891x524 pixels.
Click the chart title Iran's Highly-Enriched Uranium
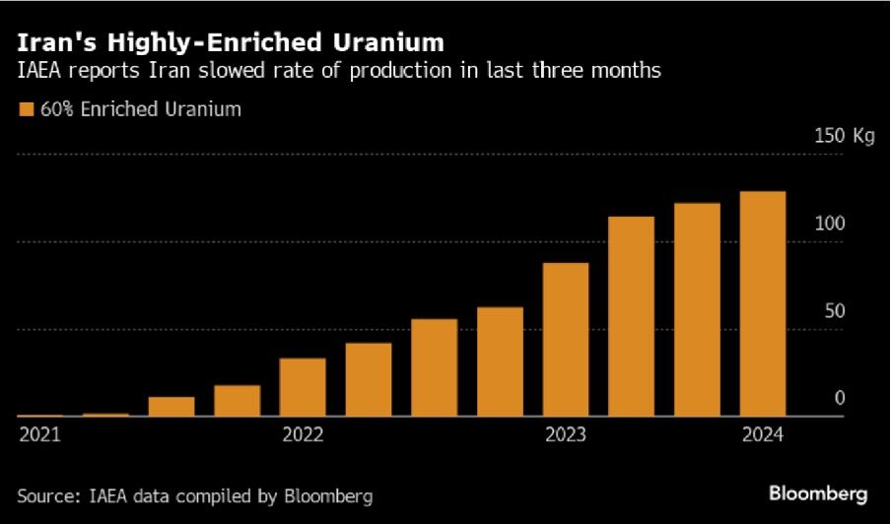point(230,42)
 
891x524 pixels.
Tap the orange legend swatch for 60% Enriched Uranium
point(25,109)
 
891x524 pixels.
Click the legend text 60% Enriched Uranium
point(140,109)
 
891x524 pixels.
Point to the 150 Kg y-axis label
point(844,136)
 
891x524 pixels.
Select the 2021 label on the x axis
point(38,434)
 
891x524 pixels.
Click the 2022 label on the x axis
point(303,434)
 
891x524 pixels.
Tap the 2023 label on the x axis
point(566,434)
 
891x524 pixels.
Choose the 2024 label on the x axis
point(763,434)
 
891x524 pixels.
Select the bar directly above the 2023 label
point(566,340)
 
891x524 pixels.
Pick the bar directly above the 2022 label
point(303,387)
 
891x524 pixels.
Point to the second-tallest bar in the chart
point(697,309)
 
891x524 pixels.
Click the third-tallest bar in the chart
point(631,316)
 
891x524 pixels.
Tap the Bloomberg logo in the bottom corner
point(818,491)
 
